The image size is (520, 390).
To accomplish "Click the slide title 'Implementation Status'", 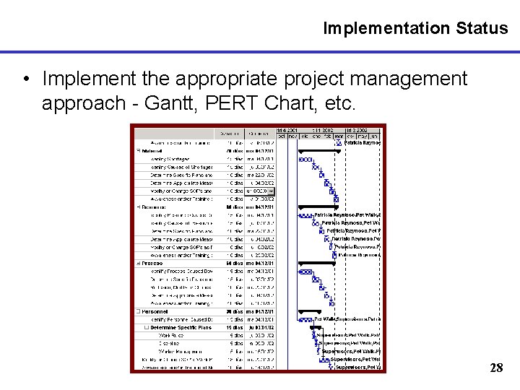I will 415,28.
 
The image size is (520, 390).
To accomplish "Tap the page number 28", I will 496,368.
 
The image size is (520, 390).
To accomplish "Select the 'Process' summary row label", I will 152,263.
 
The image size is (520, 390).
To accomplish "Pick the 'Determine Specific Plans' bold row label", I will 181,327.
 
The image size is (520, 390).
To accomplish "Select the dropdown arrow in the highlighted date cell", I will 272,191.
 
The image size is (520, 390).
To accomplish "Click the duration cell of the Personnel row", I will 233,311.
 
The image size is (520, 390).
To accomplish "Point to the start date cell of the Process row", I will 259,263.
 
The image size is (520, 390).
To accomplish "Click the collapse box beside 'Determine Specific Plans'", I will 147,328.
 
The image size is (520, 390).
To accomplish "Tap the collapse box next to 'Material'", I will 138,151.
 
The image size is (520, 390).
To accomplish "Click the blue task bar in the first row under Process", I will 306,272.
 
